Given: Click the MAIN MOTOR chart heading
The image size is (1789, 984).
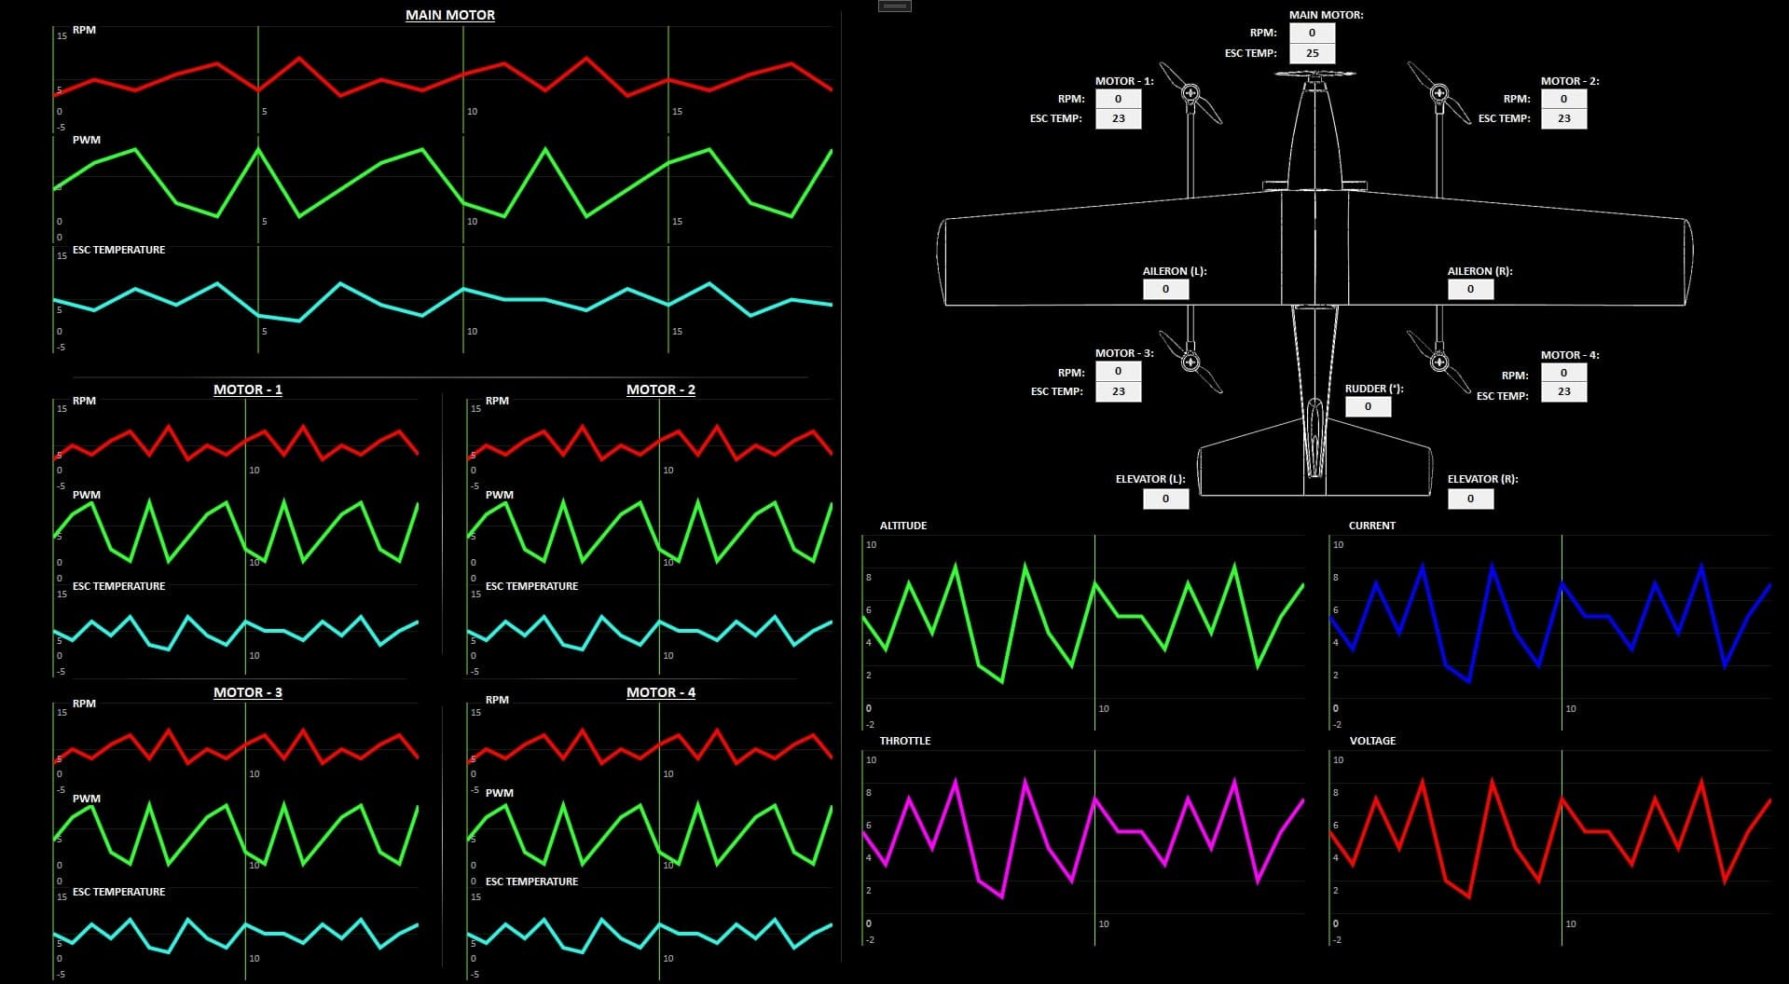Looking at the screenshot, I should point(450,15).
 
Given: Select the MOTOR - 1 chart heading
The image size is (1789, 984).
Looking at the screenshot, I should point(248,389).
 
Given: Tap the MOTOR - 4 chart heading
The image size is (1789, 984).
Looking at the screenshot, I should point(661,692).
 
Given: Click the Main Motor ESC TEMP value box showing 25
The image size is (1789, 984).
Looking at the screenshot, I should point(1312,53).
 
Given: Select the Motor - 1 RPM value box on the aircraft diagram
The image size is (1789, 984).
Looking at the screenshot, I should point(1118,99).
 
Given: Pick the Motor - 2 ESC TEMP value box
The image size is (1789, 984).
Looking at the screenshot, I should point(1563,118).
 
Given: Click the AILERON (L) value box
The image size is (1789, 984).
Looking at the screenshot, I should point(1165,289).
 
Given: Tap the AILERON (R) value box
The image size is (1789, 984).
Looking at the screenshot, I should point(1470,289).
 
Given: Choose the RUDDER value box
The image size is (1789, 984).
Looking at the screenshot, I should point(1368,406).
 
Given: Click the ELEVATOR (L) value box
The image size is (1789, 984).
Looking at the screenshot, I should point(1165,499).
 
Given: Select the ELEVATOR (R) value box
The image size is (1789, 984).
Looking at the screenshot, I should point(1470,499).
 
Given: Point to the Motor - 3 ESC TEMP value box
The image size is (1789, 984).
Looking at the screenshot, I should point(1118,391).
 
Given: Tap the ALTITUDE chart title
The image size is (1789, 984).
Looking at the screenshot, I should point(903,526).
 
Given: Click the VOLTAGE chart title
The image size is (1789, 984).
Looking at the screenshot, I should point(1372,741).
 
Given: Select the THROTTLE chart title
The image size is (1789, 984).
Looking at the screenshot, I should point(905,741).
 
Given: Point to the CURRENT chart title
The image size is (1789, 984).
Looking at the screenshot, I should point(1372,526).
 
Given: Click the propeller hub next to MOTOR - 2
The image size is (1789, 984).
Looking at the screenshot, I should point(1439,93).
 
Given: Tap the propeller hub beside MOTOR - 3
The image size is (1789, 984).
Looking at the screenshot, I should point(1190,362).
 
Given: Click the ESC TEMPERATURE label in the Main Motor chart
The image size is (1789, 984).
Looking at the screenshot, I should point(118,250).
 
